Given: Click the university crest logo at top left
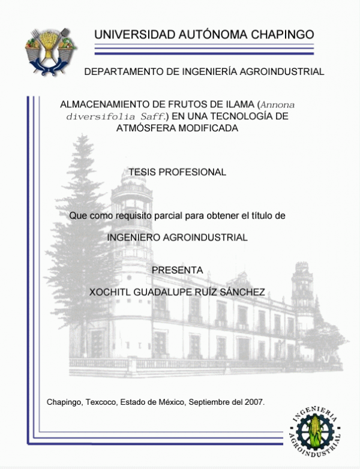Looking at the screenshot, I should (x=49, y=50).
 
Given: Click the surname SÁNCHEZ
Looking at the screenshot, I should (x=242, y=291).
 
